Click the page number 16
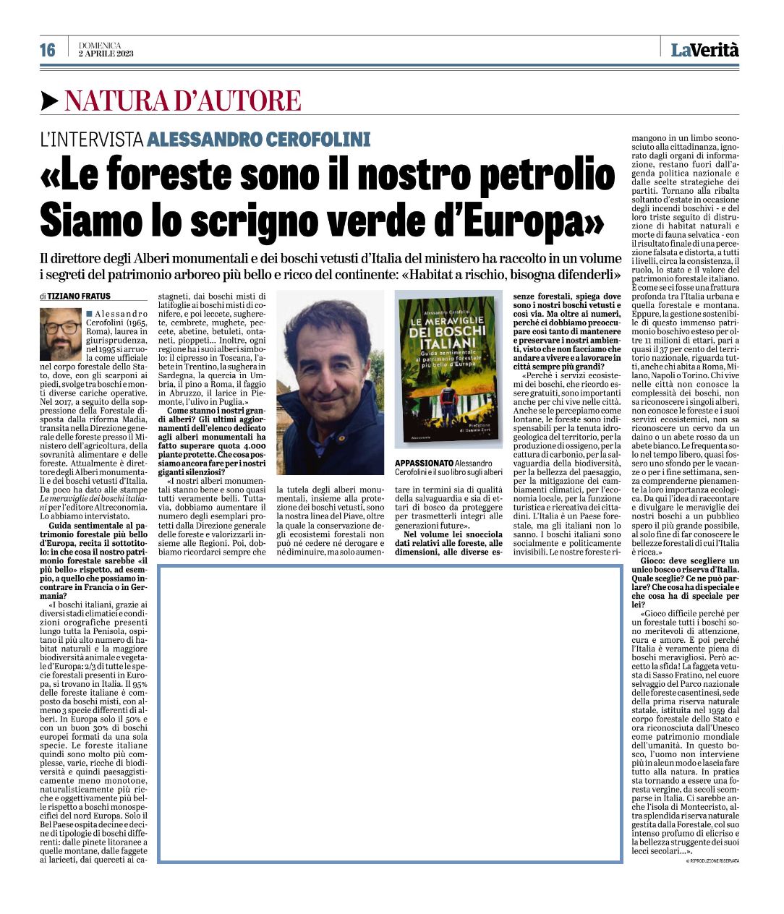coord(48,50)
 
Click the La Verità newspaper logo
coord(704,49)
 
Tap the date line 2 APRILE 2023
coord(106,54)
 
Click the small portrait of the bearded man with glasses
coord(61,334)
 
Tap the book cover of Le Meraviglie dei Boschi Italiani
coord(448,369)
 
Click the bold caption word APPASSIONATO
coord(424,463)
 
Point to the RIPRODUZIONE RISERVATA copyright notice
coord(712,860)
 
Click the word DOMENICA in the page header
coord(100,45)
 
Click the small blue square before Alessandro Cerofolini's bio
coord(88,313)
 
